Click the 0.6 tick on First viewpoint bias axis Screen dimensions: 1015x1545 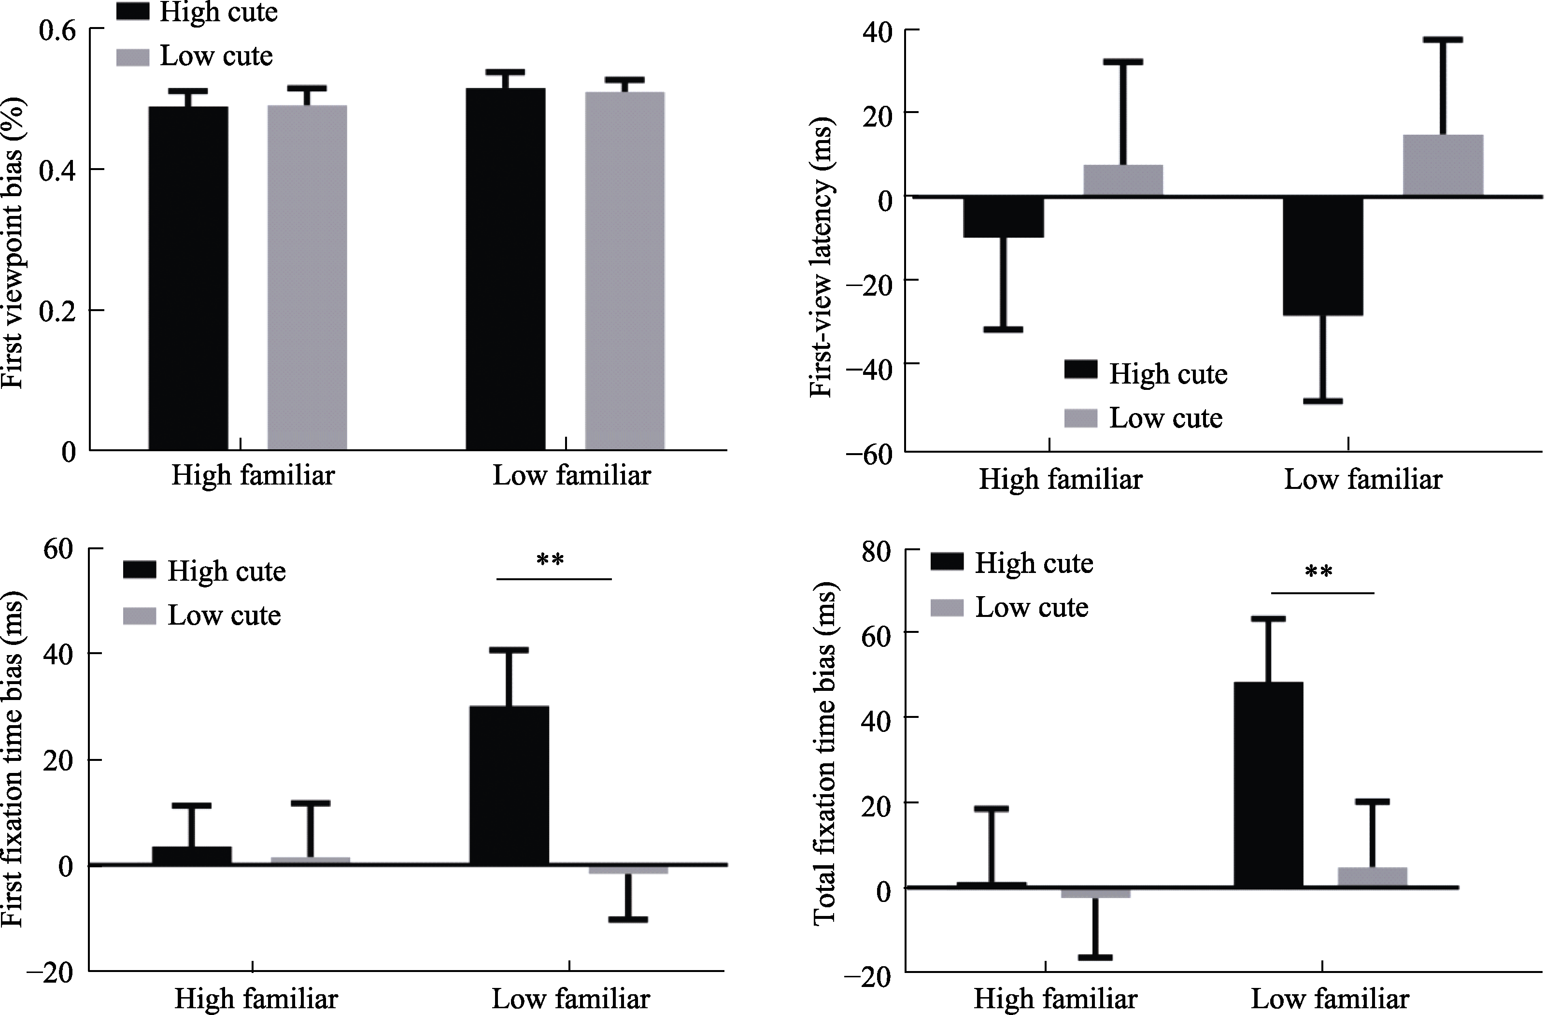(x=58, y=30)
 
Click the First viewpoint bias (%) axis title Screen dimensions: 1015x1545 (x=13, y=242)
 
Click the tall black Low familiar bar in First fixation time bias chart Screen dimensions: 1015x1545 (x=509, y=785)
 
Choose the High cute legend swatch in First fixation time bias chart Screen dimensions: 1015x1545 (x=140, y=570)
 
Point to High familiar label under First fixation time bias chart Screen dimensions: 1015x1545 (x=256, y=999)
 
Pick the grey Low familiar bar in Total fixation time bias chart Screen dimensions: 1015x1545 (x=1372, y=877)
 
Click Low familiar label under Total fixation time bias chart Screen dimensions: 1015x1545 (x=1330, y=999)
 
